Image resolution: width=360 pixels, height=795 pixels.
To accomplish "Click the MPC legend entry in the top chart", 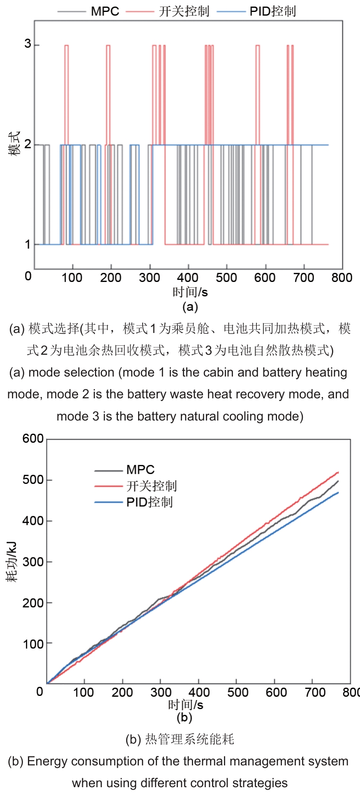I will pyautogui.click(x=105, y=11).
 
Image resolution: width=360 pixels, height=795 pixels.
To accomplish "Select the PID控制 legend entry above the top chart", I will pyautogui.click(x=272, y=11).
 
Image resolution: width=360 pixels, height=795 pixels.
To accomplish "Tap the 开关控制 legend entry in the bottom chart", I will pyautogui.click(x=151, y=486).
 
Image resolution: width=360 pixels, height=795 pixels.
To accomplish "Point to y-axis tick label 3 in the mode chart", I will pyautogui.click(x=28, y=44).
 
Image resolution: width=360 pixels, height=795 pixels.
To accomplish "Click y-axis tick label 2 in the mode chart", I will pyautogui.click(x=28, y=144).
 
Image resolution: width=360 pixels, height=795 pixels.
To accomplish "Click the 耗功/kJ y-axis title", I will pyautogui.click(x=12, y=562).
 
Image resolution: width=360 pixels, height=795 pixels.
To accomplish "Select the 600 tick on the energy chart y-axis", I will pyautogui.click(x=33, y=439).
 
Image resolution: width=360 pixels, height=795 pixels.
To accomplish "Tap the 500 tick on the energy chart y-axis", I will pyautogui.click(x=33, y=480).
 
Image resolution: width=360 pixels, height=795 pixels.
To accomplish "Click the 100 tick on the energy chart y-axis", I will pyautogui.click(x=33, y=644).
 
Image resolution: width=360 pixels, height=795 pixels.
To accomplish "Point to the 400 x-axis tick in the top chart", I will pyautogui.click(x=188, y=277).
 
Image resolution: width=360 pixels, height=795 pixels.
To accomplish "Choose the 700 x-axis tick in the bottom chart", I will pyautogui.click(x=315, y=692).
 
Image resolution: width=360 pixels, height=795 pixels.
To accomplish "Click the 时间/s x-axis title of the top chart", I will pyautogui.click(x=190, y=292).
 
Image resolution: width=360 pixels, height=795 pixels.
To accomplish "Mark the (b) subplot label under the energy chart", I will pyautogui.click(x=184, y=717).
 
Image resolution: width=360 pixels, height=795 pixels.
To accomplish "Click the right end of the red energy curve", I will pyautogui.click(x=338, y=472).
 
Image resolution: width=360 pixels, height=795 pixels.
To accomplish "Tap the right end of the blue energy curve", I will pyautogui.click(x=338, y=492).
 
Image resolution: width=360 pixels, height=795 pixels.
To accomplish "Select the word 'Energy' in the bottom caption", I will pyautogui.click(x=46, y=761).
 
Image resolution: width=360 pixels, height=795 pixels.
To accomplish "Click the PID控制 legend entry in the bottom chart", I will pyautogui.click(x=149, y=502).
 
